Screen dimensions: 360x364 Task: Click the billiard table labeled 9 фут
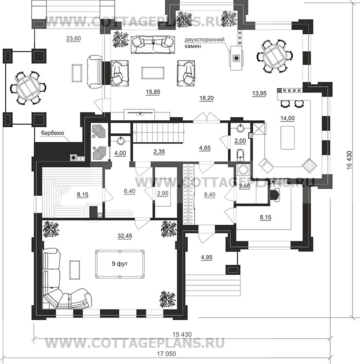click(x=120, y=264)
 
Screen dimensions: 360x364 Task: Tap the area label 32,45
click(x=125, y=236)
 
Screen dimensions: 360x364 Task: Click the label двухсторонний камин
click(x=204, y=43)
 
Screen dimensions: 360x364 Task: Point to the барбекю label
click(x=52, y=133)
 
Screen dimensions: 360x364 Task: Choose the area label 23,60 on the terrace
click(x=73, y=39)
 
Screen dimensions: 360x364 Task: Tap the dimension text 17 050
click(x=166, y=353)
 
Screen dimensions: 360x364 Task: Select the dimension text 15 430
click(x=182, y=334)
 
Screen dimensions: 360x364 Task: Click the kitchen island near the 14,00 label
click(x=287, y=138)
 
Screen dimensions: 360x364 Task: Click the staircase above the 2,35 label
click(x=158, y=132)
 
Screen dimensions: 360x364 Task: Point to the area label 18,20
click(x=207, y=98)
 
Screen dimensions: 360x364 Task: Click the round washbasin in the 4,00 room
click(x=120, y=141)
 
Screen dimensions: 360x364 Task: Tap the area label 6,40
click(x=130, y=191)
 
